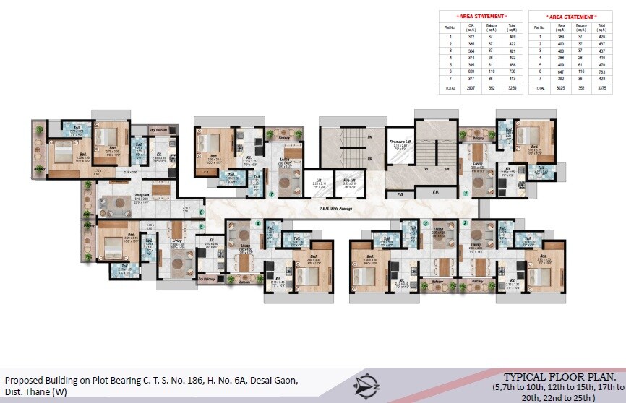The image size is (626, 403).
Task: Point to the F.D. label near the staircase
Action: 400,193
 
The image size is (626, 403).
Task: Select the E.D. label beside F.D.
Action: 435,193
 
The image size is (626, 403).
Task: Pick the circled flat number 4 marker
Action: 258,223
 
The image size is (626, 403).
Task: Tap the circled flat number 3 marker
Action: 426,223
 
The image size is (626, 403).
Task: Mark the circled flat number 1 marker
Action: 466,194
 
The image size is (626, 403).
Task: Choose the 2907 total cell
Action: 471,88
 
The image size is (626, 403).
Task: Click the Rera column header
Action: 561,27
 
